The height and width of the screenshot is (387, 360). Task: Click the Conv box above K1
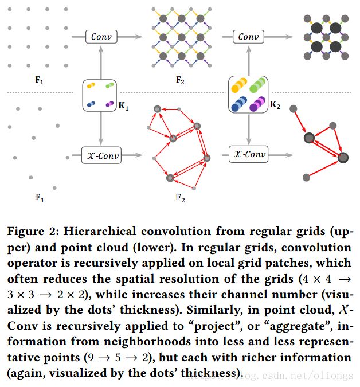pos(101,37)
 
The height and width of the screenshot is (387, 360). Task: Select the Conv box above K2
pos(248,37)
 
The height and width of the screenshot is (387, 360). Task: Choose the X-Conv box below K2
pos(248,154)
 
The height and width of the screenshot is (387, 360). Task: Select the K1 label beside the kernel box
pos(123,107)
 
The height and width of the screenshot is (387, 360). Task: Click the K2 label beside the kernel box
pos(275,105)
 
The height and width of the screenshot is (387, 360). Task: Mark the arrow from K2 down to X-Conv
pos(248,130)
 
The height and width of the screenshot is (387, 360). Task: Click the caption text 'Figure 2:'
pos(30,232)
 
